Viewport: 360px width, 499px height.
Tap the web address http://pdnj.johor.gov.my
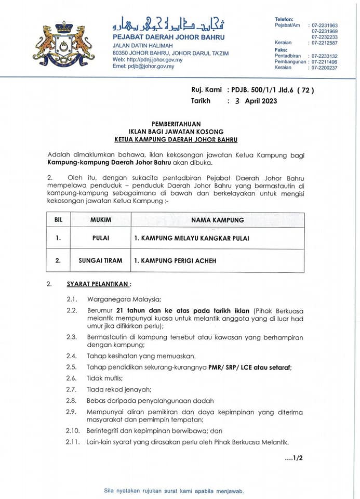[x=148, y=60]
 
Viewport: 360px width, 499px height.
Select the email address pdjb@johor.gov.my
[x=143, y=67]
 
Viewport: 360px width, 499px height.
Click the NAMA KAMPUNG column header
[x=217, y=220]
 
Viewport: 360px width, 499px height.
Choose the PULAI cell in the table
[x=101, y=239]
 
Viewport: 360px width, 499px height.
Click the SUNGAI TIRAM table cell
[x=101, y=260]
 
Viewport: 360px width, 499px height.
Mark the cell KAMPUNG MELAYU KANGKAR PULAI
[x=191, y=239]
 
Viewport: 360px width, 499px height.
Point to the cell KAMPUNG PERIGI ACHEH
[x=175, y=260]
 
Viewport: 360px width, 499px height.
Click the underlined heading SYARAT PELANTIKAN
[x=99, y=284]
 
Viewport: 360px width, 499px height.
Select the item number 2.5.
[x=71, y=367]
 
